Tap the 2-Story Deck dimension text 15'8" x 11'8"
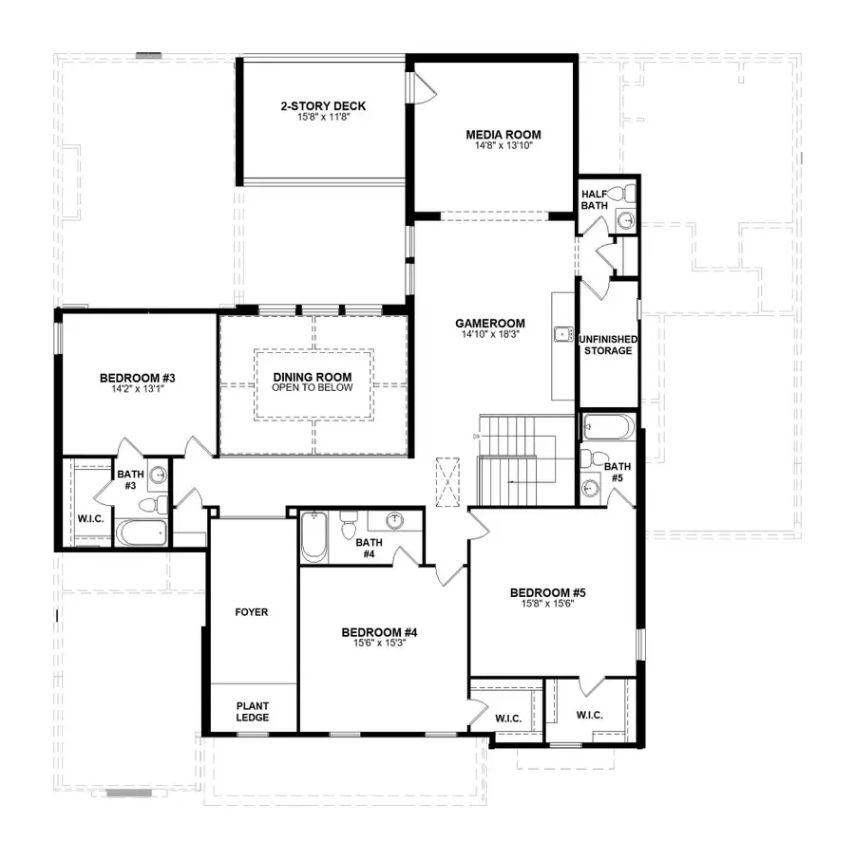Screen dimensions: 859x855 (x=323, y=118)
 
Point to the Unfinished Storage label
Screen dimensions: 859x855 (x=608, y=345)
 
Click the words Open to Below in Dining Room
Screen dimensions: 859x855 (x=313, y=387)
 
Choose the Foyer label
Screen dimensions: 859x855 (x=252, y=612)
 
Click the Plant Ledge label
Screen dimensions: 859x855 (x=252, y=711)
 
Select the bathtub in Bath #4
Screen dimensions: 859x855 (x=313, y=538)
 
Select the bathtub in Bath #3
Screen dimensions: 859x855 (x=142, y=532)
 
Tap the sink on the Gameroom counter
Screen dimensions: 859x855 (x=561, y=333)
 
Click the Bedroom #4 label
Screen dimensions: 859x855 (x=380, y=632)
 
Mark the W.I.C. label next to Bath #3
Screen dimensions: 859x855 (x=90, y=518)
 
